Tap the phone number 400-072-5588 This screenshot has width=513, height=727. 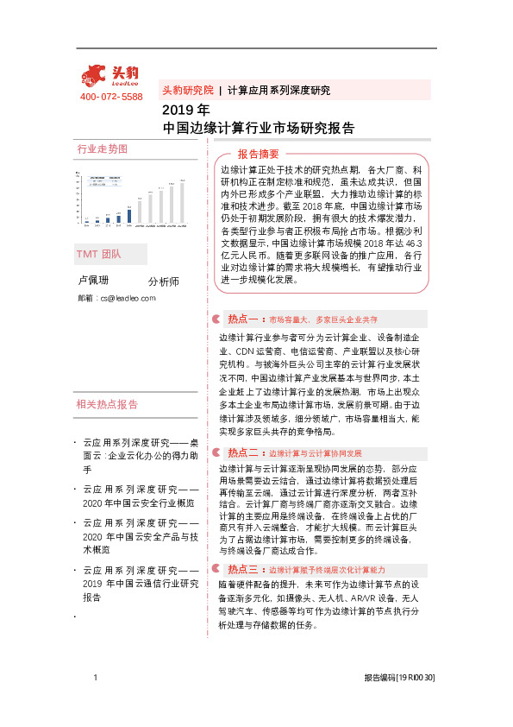pyautogui.click(x=111, y=97)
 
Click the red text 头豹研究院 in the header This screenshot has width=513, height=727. pyautogui.click(x=187, y=90)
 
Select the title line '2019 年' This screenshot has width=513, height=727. pyautogui.click(x=185, y=111)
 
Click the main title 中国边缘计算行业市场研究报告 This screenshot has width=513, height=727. pyautogui.click(x=259, y=128)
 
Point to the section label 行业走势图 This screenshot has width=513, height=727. pyautogui.click(x=102, y=149)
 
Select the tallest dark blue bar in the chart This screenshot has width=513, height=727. pyautogui.click(x=129, y=214)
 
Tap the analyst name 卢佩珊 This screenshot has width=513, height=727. pyautogui.click(x=93, y=281)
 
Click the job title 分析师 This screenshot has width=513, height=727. pyautogui.click(x=163, y=281)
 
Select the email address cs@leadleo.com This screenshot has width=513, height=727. pyautogui.click(x=128, y=298)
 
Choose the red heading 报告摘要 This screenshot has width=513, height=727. pyautogui.click(x=252, y=153)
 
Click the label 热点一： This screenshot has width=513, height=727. pyautogui.click(x=245, y=319)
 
